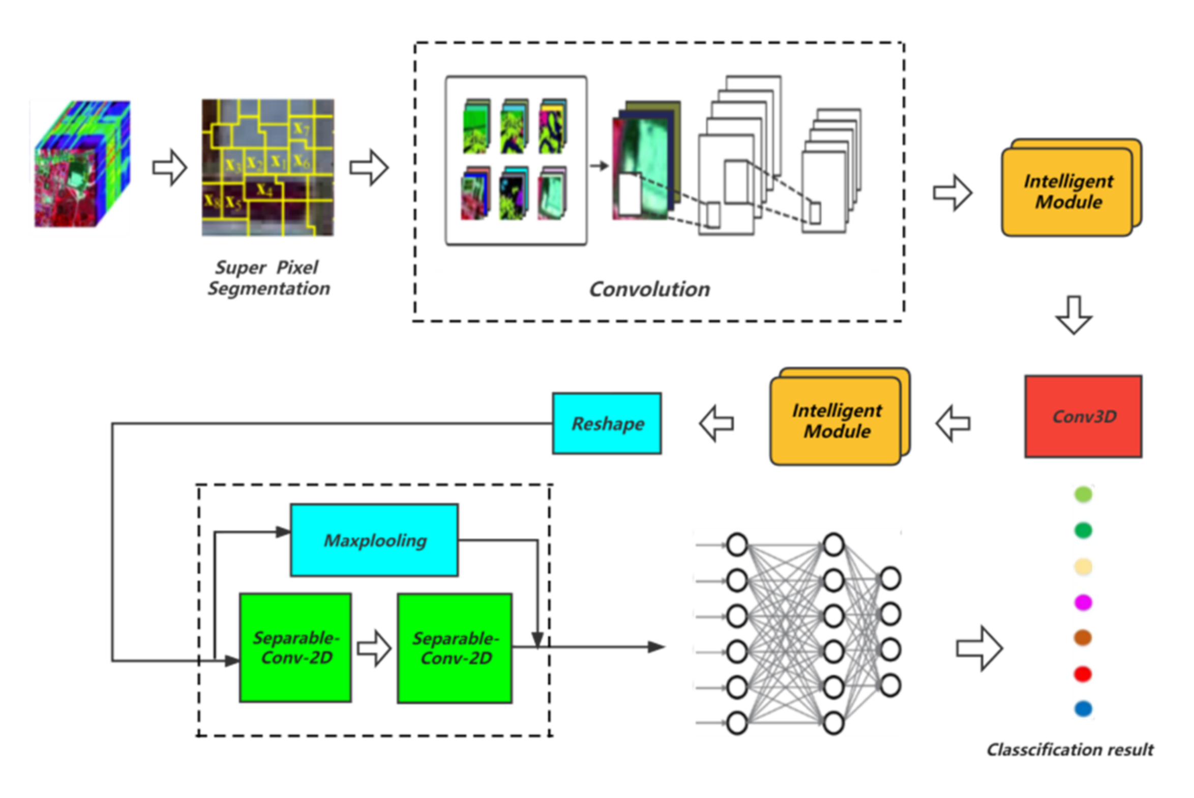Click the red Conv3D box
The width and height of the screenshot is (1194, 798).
pos(1083,416)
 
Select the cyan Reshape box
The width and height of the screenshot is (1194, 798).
pos(607,423)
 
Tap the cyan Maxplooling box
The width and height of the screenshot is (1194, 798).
pos(374,540)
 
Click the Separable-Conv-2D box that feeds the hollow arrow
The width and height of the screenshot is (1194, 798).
pos(295,647)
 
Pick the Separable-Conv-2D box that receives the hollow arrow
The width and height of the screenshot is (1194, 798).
pos(455,648)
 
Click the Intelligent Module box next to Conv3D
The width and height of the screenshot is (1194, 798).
pos(837,420)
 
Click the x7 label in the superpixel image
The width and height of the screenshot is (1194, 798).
pos(301,128)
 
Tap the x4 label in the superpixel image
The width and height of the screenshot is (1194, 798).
pos(264,190)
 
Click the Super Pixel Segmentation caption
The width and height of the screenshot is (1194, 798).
pos(268,278)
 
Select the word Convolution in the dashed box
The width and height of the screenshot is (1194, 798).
pos(649,289)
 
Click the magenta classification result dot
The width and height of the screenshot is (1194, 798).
pos(1083,602)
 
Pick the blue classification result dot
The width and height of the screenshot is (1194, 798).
pos(1083,708)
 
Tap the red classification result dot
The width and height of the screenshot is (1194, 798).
pos(1083,674)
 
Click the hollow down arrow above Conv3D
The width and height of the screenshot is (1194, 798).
pos(1073,315)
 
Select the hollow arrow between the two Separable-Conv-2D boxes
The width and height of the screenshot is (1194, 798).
pos(374,648)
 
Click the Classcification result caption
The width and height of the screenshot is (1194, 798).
pos(1070,750)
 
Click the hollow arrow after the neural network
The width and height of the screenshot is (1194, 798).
pos(979,648)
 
